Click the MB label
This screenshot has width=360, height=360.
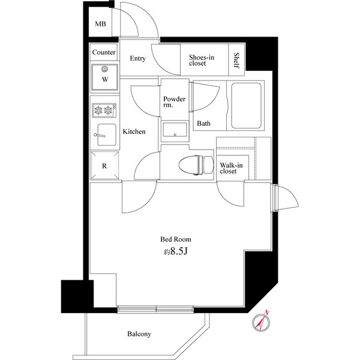click(100, 24)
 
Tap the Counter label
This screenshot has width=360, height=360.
click(104, 52)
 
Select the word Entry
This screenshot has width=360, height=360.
click(137, 59)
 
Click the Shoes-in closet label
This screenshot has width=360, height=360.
click(202, 60)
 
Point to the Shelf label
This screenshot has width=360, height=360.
click(236, 61)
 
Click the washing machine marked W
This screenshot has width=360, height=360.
click(104, 77)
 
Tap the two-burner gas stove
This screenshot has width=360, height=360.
click(104, 110)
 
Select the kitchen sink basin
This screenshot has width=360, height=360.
click(107, 135)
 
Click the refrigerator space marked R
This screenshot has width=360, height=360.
click(104, 165)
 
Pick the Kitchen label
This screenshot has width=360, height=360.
click(134, 131)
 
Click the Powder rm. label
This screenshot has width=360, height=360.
click(174, 102)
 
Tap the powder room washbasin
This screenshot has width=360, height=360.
click(175, 130)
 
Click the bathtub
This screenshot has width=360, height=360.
click(246, 106)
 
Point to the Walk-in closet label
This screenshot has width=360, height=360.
click(231, 168)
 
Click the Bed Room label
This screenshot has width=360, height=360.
click(176, 239)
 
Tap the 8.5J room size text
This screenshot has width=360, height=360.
click(176, 251)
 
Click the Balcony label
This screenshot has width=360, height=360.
click(139, 334)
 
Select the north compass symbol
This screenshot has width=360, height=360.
click(261, 322)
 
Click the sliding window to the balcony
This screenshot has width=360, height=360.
click(155, 309)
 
